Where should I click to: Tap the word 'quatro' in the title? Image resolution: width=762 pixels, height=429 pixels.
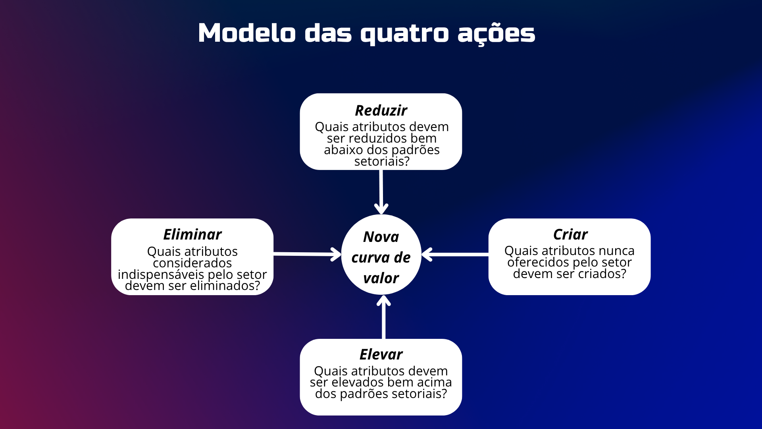(404, 34)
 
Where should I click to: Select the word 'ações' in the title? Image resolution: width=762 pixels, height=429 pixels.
(496, 34)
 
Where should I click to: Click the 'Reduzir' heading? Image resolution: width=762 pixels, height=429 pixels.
(381, 110)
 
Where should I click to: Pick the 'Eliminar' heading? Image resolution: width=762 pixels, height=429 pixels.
(192, 234)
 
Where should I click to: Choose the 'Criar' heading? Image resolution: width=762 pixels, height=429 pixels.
(570, 234)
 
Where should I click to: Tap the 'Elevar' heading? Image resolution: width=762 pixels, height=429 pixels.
(381, 354)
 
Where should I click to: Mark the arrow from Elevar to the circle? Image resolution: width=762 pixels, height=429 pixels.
(383, 318)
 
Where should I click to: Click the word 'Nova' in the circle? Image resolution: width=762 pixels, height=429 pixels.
(381, 237)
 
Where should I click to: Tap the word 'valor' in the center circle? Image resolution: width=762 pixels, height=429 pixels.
(381, 278)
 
